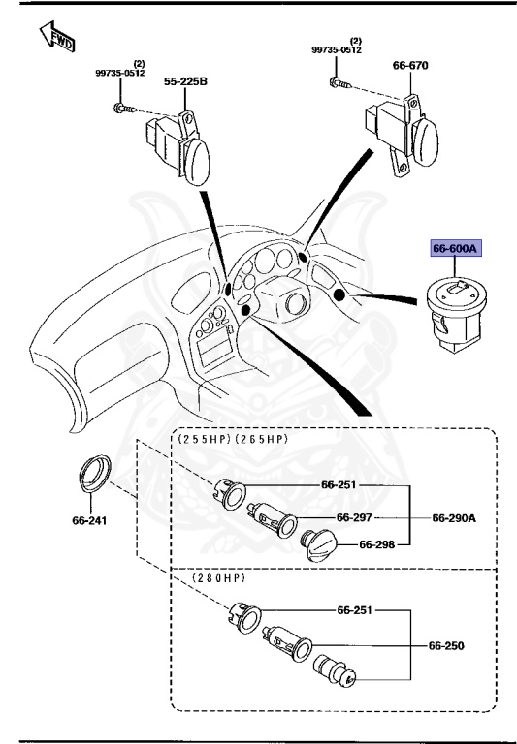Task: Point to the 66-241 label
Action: click(x=89, y=520)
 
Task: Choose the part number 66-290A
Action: click(x=453, y=517)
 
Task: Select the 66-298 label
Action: click(x=377, y=544)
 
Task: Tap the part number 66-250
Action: click(x=447, y=644)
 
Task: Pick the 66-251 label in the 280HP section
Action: click(x=356, y=611)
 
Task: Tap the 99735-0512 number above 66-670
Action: click(x=338, y=49)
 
